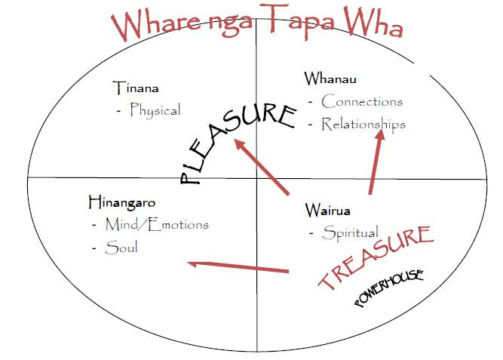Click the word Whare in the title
151,26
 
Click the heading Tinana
136,88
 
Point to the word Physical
155,110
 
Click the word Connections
362,101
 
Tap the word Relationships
363,124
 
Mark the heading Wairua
328,210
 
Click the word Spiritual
350,232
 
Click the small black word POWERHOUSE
388,288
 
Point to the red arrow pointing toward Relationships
375,162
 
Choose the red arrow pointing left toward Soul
238,266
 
